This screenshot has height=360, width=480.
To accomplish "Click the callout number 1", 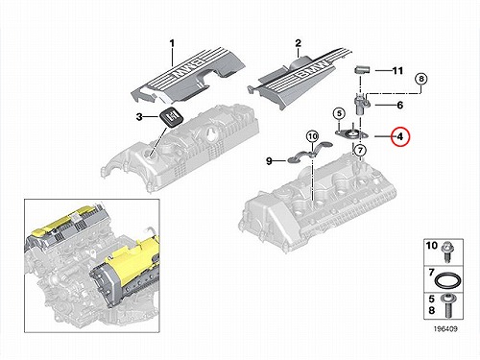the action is [x=172, y=43].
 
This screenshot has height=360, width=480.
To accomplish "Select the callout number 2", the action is [x=298, y=43].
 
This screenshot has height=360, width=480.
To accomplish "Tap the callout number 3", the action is [x=139, y=117].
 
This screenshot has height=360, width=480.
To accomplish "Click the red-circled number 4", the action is [x=400, y=136].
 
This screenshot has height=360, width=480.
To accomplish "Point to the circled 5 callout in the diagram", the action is [x=339, y=113].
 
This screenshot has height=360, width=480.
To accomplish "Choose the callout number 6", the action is [x=399, y=105].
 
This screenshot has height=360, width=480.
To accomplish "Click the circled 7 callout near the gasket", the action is [x=360, y=150].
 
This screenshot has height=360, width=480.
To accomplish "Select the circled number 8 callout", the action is [x=421, y=79].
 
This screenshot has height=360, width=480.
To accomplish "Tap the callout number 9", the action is [x=269, y=161].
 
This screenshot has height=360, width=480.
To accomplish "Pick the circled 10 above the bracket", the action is [x=312, y=136].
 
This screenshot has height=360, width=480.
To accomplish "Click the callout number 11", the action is [x=397, y=70].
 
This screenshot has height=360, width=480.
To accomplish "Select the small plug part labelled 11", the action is [x=362, y=69].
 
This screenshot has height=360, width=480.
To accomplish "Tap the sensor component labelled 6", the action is [x=362, y=104].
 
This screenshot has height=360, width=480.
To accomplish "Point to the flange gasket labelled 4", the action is [x=351, y=134].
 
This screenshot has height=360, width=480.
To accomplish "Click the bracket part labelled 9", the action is [x=310, y=152].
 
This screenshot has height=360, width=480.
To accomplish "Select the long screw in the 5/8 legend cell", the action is [x=446, y=306].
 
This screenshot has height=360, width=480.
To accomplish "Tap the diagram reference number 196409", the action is [x=445, y=328].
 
